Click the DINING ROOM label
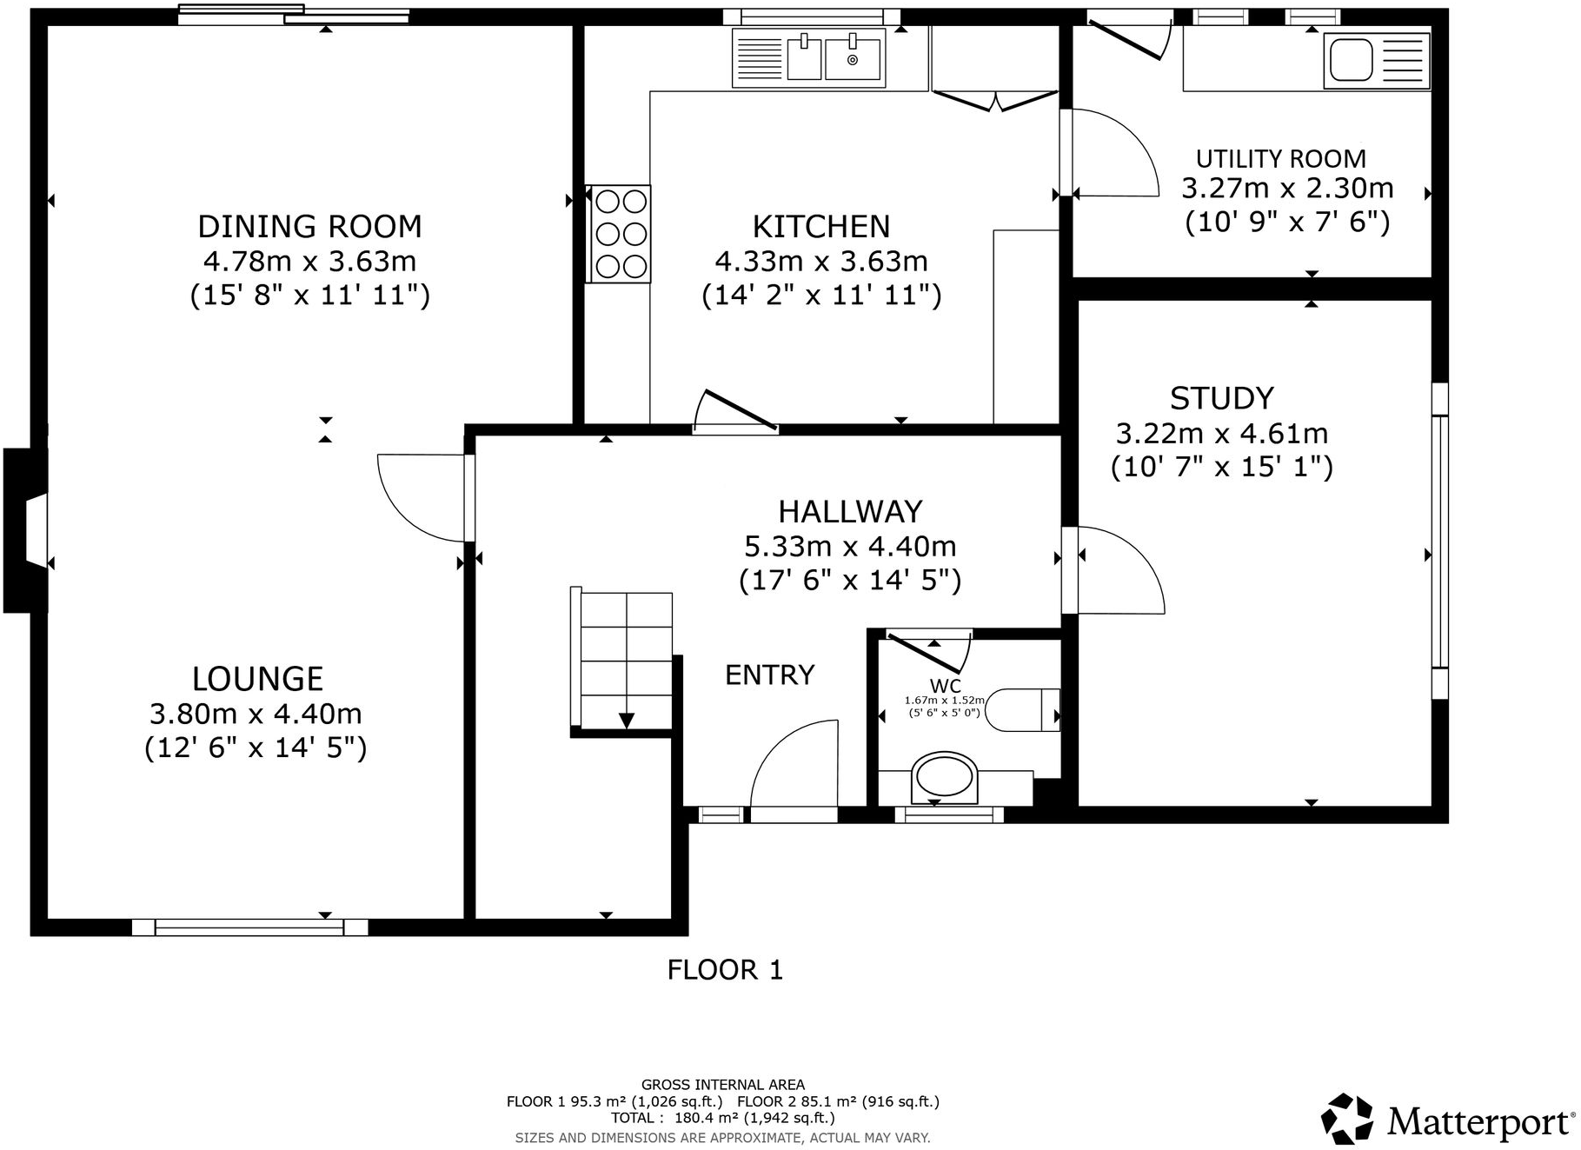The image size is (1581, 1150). [x=309, y=227]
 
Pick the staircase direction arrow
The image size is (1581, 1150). [x=626, y=720]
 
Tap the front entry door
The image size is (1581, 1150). [x=794, y=769]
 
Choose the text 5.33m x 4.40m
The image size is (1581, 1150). [x=850, y=547]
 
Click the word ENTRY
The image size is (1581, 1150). [x=769, y=675]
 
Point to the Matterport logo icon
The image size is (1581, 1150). [x=1347, y=1119]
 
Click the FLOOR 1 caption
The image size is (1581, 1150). [x=725, y=969]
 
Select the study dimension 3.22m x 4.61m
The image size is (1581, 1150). [x=1221, y=433]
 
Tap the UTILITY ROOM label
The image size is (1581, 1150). [x=1280, y=159]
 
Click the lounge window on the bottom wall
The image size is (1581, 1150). [x=249, y=927]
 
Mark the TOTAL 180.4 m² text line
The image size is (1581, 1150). [x=722, y=1118]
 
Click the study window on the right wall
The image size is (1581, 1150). [x=1439, y=541]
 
